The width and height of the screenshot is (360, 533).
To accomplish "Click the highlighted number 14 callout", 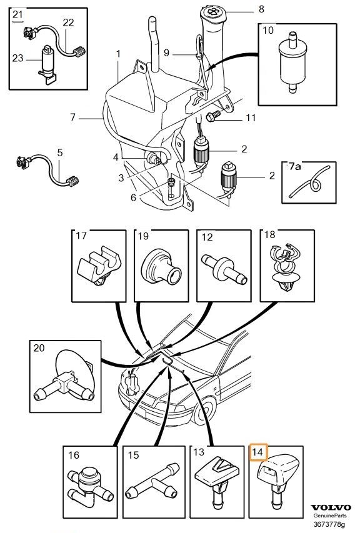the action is click(x=258, y=452).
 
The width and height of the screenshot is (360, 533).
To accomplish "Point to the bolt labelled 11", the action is click(x=212, y=116).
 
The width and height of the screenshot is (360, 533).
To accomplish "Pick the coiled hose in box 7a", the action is click(x=309, y=183).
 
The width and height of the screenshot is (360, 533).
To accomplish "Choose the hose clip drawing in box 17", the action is click(x=99, y=266).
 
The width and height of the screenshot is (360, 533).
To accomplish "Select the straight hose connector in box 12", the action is click(x=224, y=268).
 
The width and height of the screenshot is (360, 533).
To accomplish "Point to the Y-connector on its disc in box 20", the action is click(x=65, y=377).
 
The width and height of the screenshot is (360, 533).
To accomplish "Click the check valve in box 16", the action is click(x=90, y=487).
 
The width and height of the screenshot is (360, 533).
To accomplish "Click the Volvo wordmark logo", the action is click(x=331, y=508).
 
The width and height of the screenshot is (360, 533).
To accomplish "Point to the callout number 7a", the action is click(x=294, y=167).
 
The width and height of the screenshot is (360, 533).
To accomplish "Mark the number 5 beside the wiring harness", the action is click(x=60, y=152).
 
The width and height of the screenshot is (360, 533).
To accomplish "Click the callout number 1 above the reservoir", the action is click(x=118, y=54).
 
